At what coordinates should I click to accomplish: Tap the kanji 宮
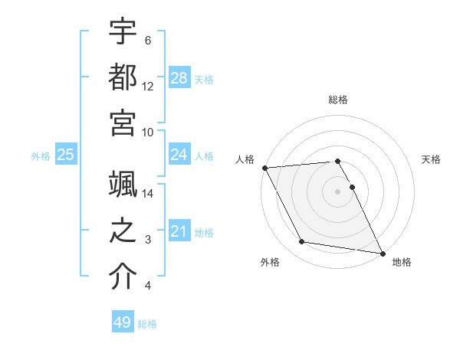123,123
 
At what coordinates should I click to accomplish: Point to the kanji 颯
123,185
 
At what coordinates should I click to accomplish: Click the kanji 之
123,231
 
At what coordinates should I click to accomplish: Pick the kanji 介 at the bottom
123,277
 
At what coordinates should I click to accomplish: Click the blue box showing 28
179,77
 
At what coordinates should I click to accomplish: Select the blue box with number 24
179,155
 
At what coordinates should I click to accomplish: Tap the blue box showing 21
179,231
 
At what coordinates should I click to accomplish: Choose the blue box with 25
66,155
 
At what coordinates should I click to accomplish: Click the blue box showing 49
123,322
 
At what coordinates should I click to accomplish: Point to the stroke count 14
149,193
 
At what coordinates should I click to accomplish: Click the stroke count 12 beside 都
148,86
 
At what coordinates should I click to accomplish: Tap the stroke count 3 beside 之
148,240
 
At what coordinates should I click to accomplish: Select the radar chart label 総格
338,100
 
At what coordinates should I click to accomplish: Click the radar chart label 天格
431,159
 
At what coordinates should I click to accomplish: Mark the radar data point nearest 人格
264,168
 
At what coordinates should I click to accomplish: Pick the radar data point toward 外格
302,242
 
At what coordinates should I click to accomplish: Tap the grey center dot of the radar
338,191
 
